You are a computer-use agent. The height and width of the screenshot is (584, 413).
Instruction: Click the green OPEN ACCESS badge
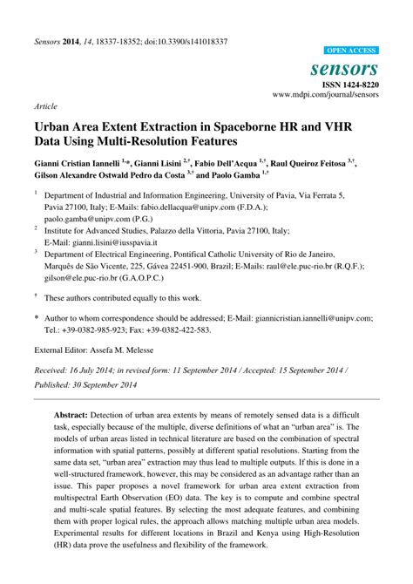pos(351,51)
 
